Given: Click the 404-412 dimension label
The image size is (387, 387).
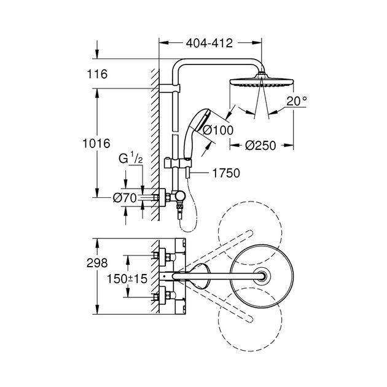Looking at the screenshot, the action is pos(209,44).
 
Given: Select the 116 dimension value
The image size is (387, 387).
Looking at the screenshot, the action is pos(97,74).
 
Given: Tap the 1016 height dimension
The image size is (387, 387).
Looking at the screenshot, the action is pos(96,143).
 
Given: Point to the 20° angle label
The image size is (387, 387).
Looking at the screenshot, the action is pos(297,101).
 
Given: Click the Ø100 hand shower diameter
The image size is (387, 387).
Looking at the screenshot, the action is pos(218,130).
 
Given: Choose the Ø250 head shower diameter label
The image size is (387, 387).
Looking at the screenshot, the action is pos(260,146).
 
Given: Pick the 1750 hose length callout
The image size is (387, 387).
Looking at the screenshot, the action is pos(226,173).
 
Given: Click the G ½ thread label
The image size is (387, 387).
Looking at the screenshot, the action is pos(131,158).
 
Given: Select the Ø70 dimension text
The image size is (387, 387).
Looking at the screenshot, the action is pos(125,198).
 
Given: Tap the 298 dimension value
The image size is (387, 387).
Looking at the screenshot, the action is pos(97,263).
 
